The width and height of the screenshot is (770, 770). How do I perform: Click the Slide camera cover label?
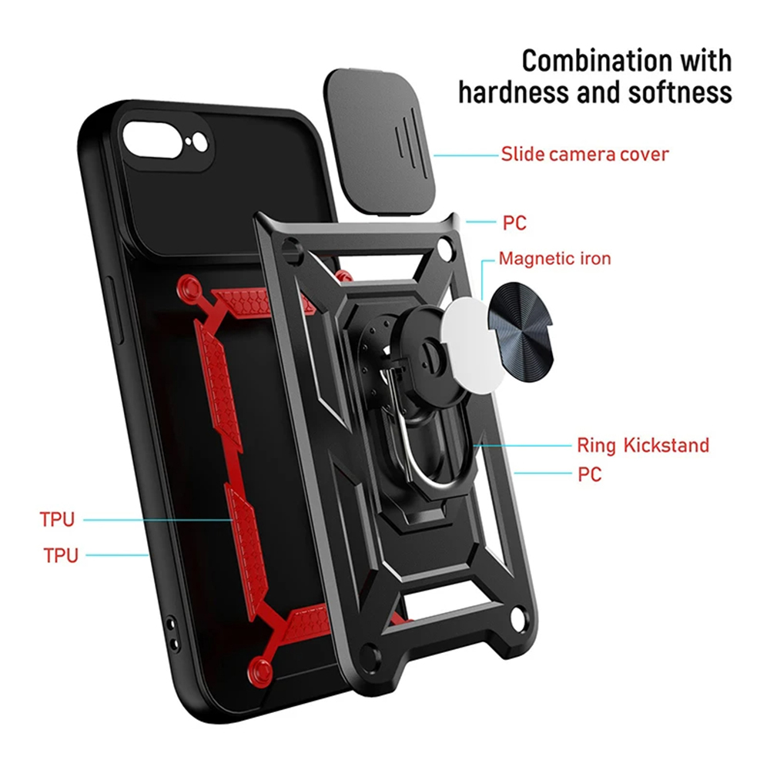pyautogui.click(x=584, y=154)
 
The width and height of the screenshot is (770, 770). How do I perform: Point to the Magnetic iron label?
pyautogui.click(x=554, y=259)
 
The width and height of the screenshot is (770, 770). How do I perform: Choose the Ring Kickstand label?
pyautogui.click(x=643, y=445)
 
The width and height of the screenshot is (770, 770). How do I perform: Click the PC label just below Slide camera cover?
pyautogui.click(x=514, y=224)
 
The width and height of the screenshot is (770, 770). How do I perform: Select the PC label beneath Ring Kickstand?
pyautogui.click(x=590, y=474)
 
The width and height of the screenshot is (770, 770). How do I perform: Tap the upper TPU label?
pyautogui.click(x=57, y=520)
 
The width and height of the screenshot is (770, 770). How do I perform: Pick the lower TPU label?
pyautogui.click(x=61, y=555)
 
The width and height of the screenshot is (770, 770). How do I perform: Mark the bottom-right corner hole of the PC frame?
pyautogui.click(x=517, y=620)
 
